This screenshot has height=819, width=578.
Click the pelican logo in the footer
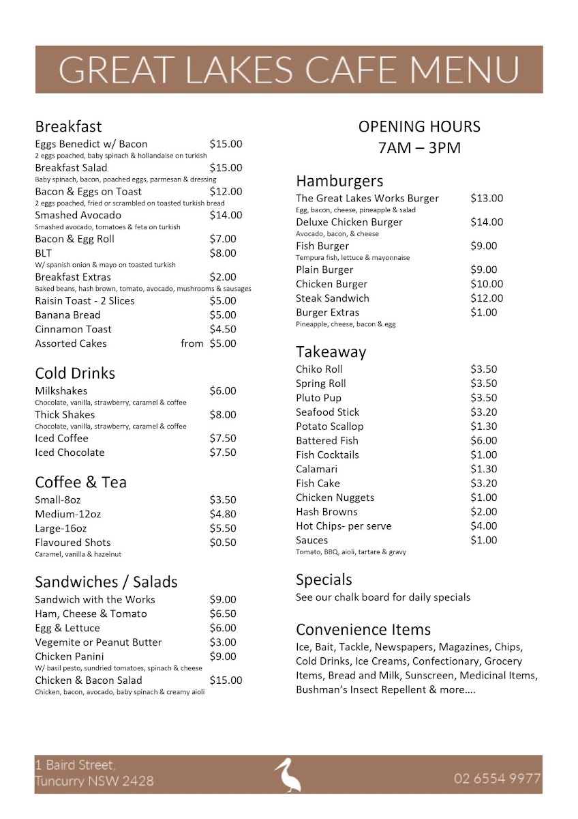pyautogui.click(x=288, y=775)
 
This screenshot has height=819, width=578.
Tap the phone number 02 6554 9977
pyautogui.click(x=497, y=779)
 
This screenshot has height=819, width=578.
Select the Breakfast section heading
pyautogui.click(x=68, y=126)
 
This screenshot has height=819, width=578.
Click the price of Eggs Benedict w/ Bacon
pyautogui.click(x=226, y=144)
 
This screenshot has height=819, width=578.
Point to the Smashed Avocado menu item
pyautogui.click(x=78, y=215)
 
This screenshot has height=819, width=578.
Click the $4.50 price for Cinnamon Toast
pyautogui.click(x=223, y=329)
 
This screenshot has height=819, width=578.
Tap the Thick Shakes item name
pyautogui.click(x=65, y=414)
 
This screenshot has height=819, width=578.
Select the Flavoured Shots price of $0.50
pyautogui.click(x=223, y=543)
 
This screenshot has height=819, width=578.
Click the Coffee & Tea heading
pyautogui.click(x=80, y=482)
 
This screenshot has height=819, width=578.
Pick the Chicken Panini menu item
pyautogui.click(x=70, y=657)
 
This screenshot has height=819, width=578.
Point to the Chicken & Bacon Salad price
pyautogui.click(x=226, y=680)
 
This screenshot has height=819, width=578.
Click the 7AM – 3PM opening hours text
pyautogui.click(x=419, y=147)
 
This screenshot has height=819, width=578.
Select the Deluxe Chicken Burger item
pyautogui.click(x=349, y=222)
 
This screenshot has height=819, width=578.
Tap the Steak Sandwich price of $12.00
pyautogui.click(x=487, y=298)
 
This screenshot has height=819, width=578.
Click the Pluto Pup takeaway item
pyautogui.click(x=318, y=398)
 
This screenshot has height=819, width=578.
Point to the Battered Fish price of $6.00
pyautogui.click(x=484, y=441)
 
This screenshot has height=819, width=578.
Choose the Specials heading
pyautogui.click(x=324, y=579)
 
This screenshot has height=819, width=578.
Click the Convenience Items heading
pyautogui.click(x=363, y=629)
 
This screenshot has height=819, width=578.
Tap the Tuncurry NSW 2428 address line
pyautogui.click(x=94, y=781)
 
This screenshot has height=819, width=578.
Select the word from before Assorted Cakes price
pyautogui.click(x=192, y=343)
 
